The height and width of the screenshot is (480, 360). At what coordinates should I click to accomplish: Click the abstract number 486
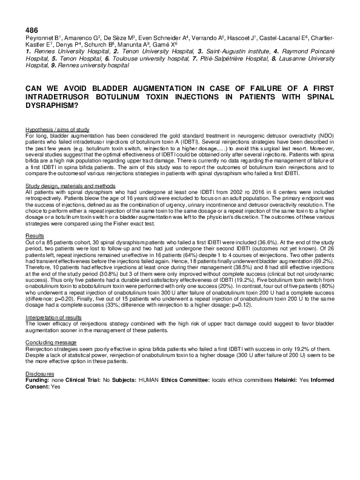pos(32,29)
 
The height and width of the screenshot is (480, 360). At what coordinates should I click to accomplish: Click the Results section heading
pos(35,235)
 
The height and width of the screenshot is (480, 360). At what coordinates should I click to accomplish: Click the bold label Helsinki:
pos(264,381)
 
